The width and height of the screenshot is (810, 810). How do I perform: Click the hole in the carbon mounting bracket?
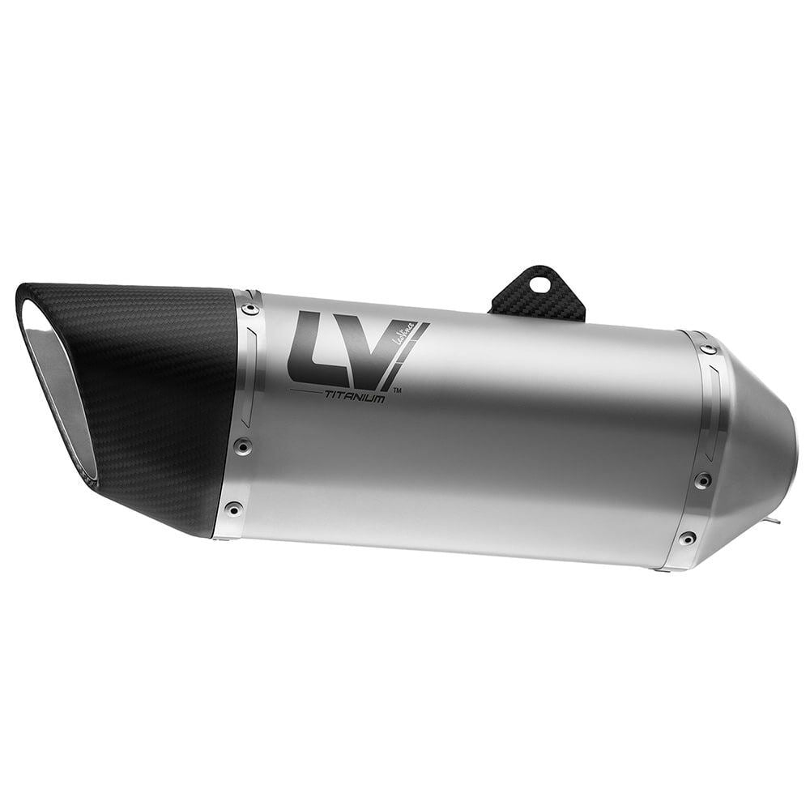(536, 284)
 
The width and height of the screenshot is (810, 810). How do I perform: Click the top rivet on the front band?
(249, 309)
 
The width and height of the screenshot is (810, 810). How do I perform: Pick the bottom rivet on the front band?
(233, 509)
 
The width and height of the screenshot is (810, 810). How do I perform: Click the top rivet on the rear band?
(709, 349)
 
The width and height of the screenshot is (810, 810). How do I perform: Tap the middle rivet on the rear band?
(701, 480)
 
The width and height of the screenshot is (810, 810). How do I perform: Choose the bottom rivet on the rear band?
(687, 538)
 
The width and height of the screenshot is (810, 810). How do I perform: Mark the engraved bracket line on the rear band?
(714, 413)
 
